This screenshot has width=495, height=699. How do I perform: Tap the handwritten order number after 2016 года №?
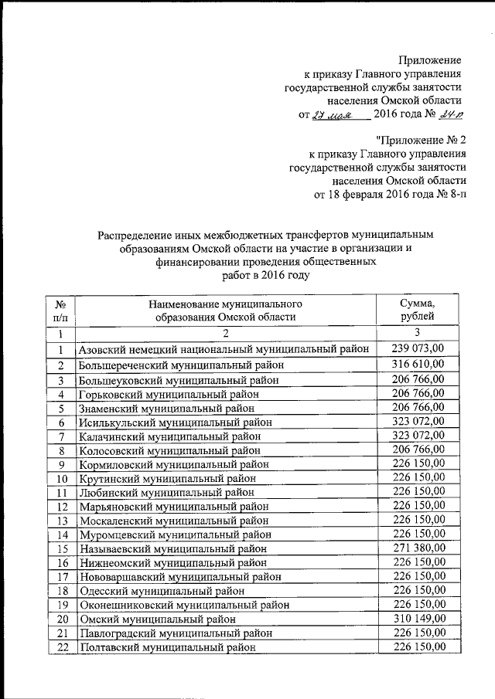click(x=449, y=115)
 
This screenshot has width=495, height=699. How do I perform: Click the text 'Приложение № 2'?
click(x=422, y=140)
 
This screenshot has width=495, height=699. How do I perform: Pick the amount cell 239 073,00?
click(x=417, y=349)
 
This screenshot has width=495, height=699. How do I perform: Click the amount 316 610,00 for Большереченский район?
click(x=417, y=364)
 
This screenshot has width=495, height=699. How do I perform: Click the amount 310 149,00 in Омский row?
click(x=417, y=618)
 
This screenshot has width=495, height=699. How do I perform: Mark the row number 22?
click(x=60, y=647)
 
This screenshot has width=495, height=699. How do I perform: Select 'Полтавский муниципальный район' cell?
click(x=167, y=647)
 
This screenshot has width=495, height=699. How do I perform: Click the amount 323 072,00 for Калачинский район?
click(x=417, y=437)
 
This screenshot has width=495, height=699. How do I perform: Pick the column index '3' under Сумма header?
click(x=417, y=333)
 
